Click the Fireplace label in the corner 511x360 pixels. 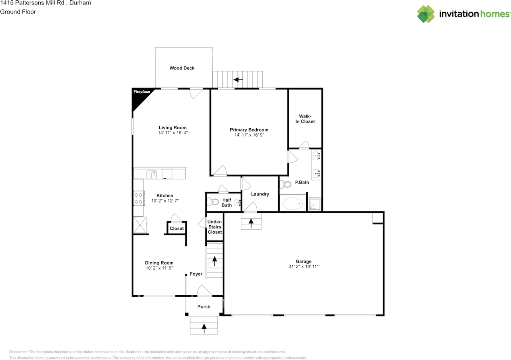click(141, 92)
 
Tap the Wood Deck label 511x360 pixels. click(182, 68)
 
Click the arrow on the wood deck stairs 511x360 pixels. click(238, 80)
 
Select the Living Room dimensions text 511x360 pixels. click(173, 133)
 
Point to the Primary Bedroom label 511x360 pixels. click(249, 130)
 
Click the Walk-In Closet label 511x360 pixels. click(305, 119)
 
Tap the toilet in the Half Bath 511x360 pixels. click(212, 202)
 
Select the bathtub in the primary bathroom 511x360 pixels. click(293, 204)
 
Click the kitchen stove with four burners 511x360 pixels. click(139, 198)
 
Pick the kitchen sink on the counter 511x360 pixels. click(152, 174)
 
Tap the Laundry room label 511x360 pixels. click(260, 194)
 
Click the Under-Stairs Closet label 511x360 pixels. click(215, 227)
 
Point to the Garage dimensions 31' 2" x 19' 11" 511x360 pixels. click(303, 267)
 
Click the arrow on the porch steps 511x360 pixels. click(204, 328)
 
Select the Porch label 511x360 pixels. click(204, 307)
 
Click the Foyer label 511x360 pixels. click(196, 274)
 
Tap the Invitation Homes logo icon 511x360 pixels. click(426, 14)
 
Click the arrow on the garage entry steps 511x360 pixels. click(251, 223)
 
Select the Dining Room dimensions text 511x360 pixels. click(159, 268)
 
